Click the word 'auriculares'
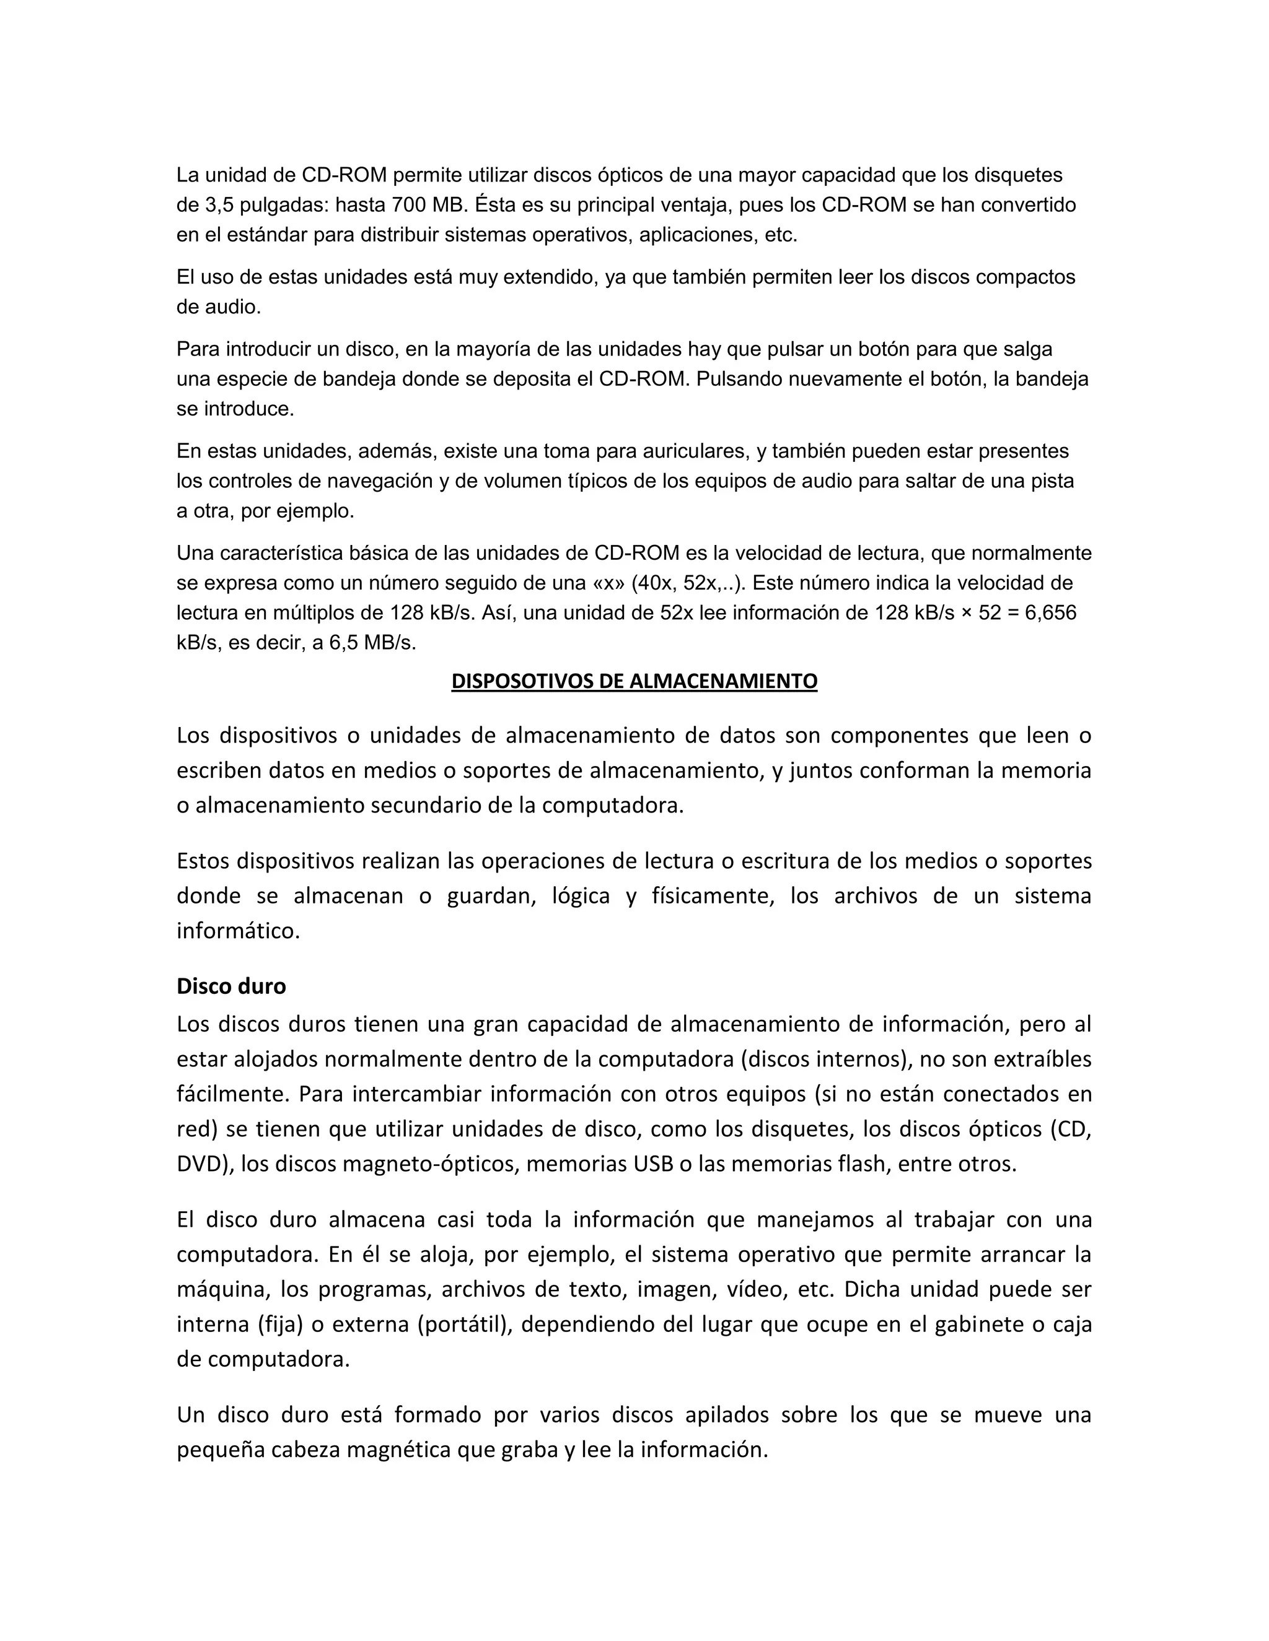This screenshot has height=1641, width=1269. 690,451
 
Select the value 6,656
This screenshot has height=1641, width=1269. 1050,613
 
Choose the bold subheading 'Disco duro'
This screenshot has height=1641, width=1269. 231,986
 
